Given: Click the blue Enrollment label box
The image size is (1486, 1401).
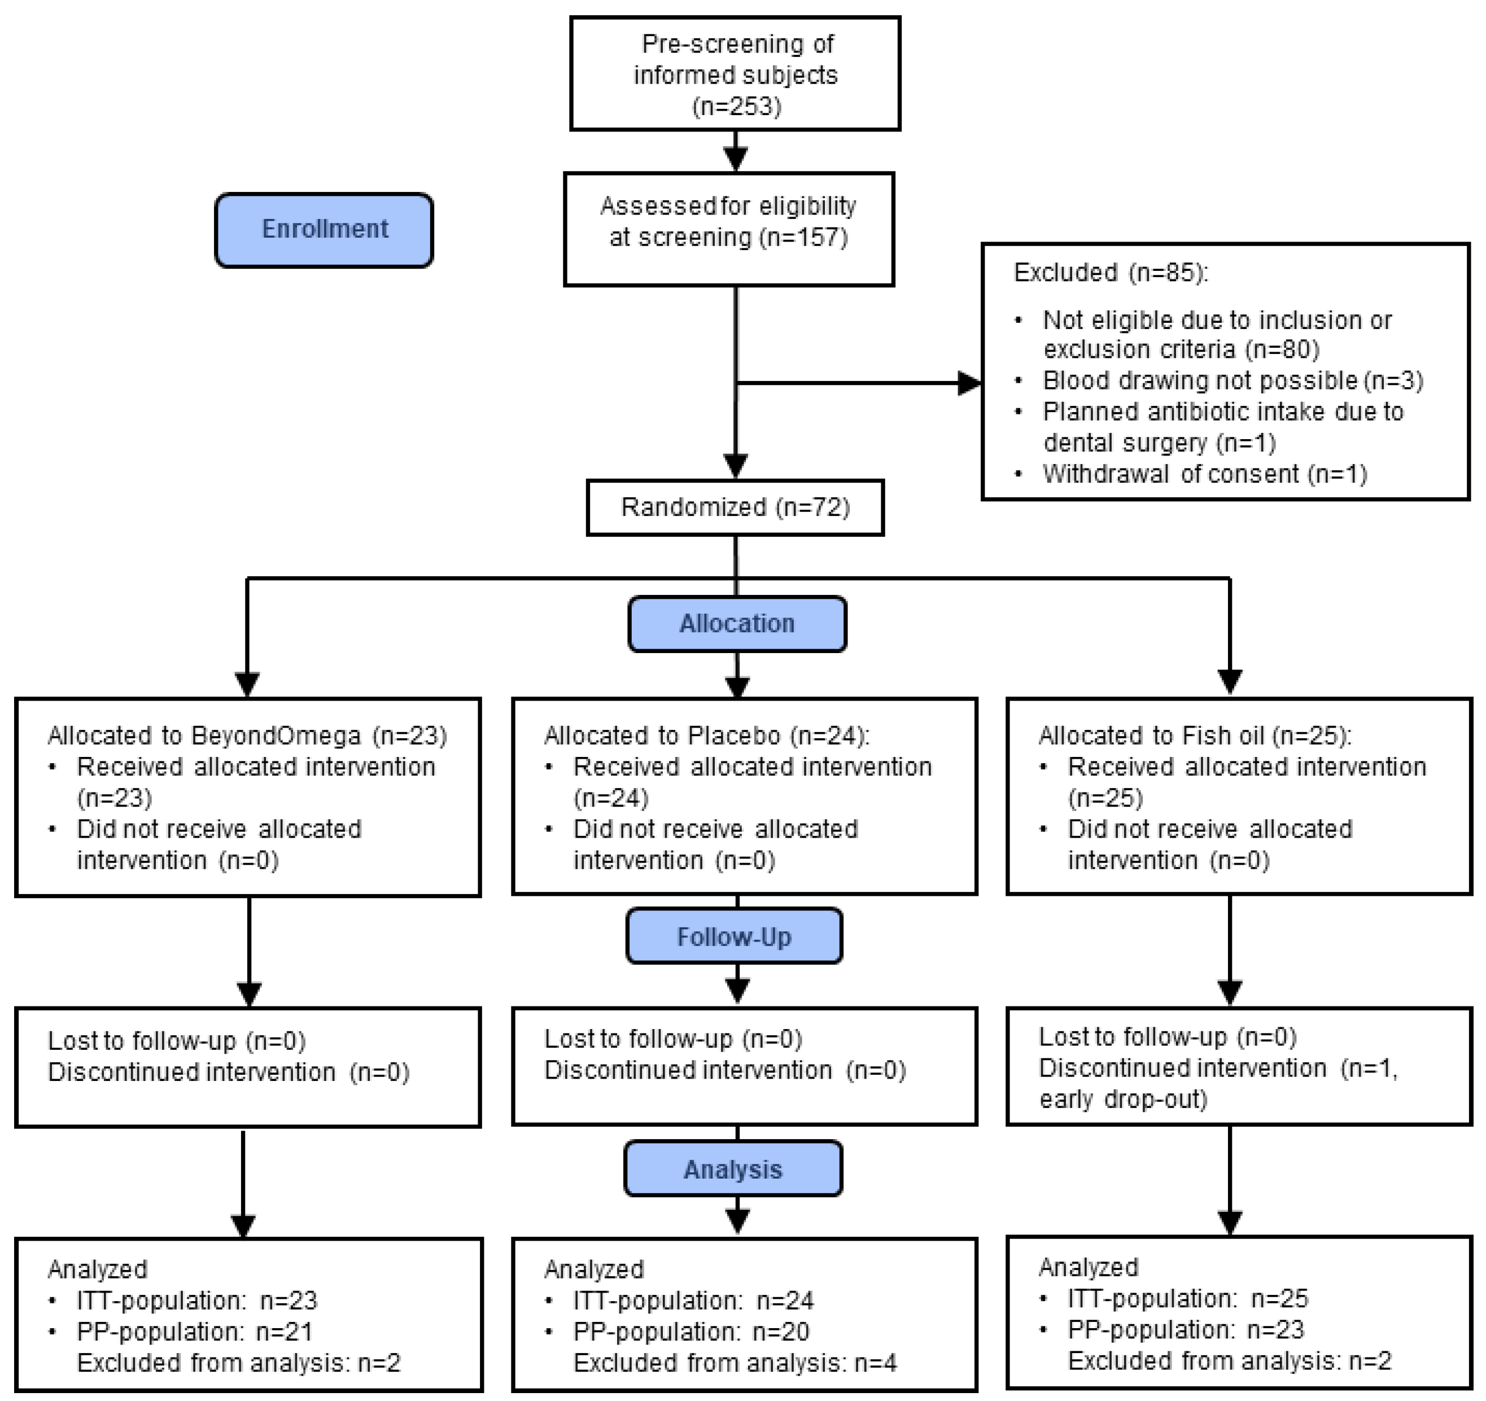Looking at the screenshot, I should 324,229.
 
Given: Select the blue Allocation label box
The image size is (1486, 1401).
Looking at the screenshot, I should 736,624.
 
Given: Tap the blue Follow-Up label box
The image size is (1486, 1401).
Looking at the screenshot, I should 733,937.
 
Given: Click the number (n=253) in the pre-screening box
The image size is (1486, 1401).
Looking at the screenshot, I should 736,107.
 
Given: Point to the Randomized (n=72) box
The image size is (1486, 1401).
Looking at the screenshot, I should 735,507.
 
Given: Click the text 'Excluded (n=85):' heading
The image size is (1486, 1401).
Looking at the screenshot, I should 1110,273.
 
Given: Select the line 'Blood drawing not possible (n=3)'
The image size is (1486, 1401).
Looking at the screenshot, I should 1232,381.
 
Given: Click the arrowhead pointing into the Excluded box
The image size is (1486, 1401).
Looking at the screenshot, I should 969,384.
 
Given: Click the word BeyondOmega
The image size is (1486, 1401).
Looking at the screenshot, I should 276,736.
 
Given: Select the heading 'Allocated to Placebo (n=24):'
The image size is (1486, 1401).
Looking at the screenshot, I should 706,736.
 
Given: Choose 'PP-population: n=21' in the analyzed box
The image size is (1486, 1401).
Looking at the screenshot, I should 194,1332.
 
